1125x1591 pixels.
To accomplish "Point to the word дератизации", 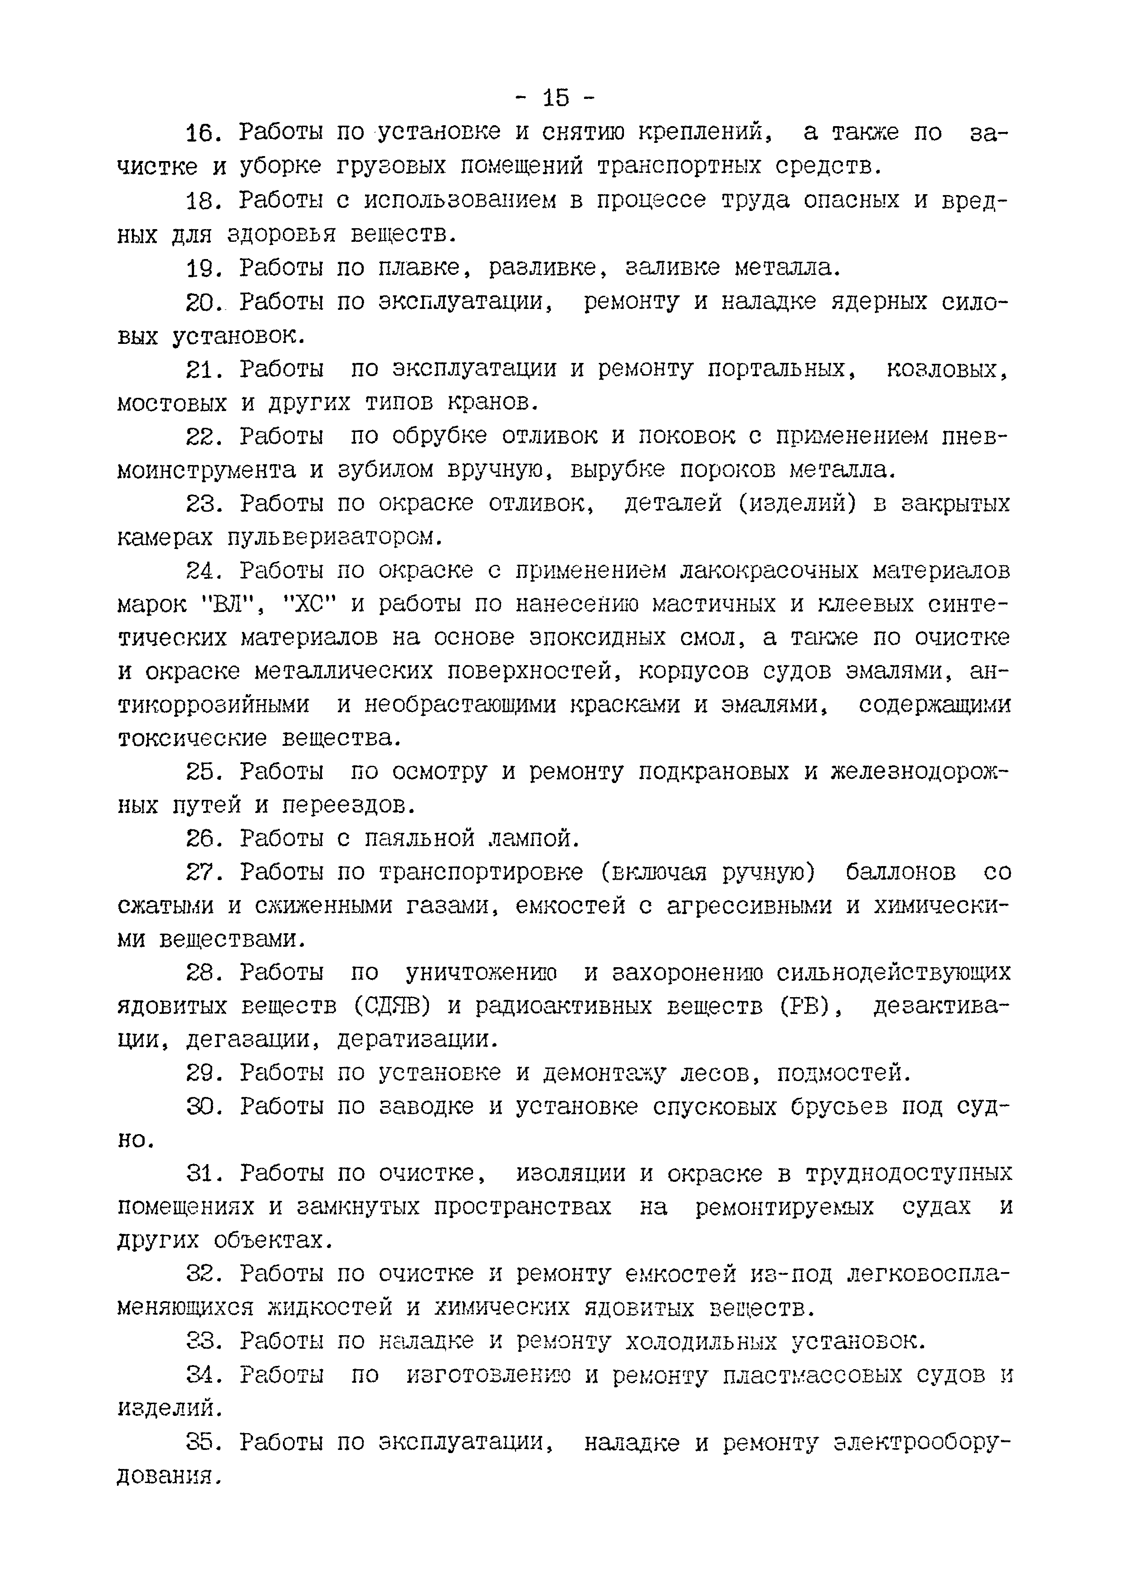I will click(x=417, y=1039).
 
